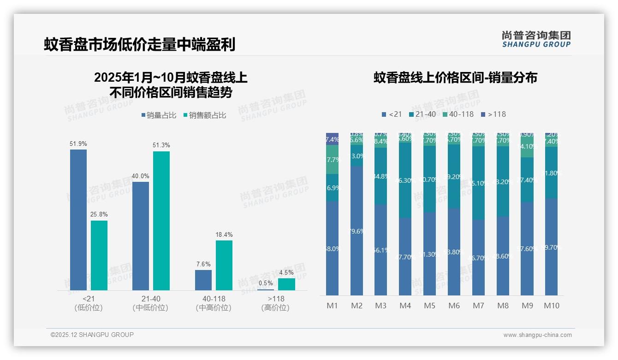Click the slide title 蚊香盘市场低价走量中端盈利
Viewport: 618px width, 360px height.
(x=140, y=44)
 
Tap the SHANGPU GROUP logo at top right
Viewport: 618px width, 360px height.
(x=536, y=39)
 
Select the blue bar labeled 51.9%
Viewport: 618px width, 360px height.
(x=78, y=219)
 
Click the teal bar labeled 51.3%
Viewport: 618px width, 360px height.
(x=161, y=220)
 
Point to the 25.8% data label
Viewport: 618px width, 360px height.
(x=99, y=215)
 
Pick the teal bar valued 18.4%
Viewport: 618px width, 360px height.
(x=224, y=265)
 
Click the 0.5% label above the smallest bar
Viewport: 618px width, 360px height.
(x=266, y=283)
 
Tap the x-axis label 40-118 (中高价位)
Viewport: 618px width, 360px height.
(x=214, y=303)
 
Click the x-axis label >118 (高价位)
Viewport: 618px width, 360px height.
(x=275, y=303)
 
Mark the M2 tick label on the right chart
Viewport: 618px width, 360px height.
(x=357, y=306)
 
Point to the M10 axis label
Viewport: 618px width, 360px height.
(x=552, y=306)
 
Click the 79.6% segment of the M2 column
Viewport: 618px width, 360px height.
(x=357, y=231)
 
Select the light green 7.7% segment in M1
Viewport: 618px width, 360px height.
(x=333, y=160)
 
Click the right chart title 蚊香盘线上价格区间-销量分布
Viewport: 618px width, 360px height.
(x=455, y=78)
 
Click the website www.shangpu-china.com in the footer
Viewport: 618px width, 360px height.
(x=537, y=335)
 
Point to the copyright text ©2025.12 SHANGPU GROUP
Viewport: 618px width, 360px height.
(x=92, y=335)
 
